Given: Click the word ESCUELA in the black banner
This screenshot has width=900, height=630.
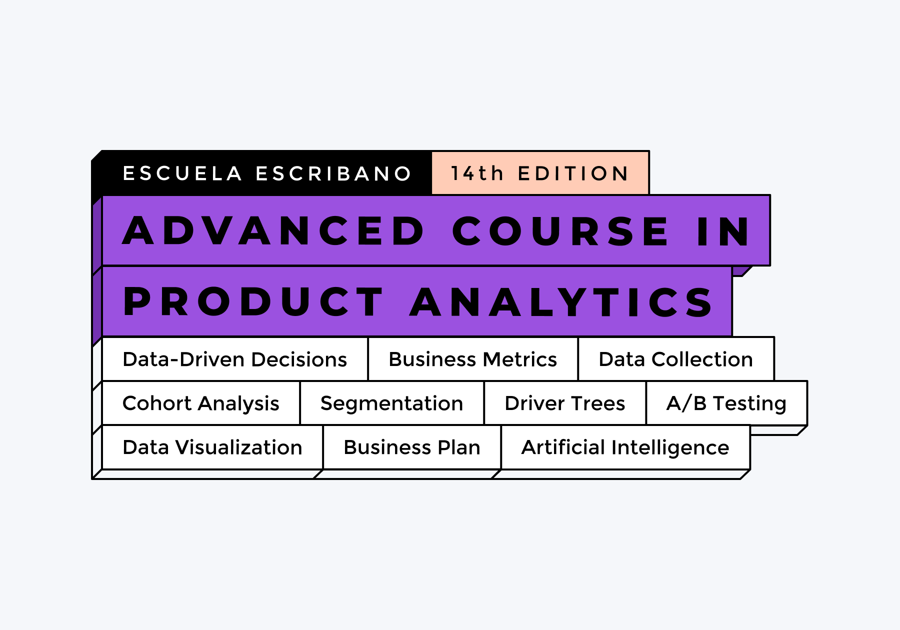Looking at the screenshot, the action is click(182, 173).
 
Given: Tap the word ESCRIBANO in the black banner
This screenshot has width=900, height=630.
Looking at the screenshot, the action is click(333, 173).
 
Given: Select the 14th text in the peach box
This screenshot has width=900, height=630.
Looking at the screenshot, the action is click(477, 173).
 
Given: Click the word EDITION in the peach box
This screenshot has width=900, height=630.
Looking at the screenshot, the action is click(573, 173).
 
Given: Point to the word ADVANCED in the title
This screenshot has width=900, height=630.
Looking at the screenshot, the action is click(273, 231).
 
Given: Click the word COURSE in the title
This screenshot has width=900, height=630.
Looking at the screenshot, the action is click(560, 231).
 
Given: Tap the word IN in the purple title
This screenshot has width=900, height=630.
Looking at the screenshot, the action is click(723, 231).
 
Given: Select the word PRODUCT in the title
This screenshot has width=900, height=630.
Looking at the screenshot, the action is click(253, 302).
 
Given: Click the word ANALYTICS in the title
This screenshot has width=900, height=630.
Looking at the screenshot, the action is click(561, 302).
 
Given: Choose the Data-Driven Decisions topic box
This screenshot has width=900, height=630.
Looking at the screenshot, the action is click(235, 359).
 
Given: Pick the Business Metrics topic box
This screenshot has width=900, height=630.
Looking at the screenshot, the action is click(473, 359).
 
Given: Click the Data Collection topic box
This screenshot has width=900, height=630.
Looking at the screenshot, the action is click(676, 359).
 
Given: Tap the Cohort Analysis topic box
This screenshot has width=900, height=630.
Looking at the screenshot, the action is click(201, 403).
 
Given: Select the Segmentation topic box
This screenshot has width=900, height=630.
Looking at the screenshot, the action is click(392, 403).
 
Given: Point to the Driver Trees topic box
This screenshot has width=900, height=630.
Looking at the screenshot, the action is click(565, 403).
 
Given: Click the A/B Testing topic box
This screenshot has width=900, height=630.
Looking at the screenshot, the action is click(726, 403).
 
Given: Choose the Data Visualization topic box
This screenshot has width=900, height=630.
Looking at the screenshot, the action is click(212, 447).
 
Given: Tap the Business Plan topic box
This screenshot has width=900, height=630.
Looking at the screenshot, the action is click(412, 447).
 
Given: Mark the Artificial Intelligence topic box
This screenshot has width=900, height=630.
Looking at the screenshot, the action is click(625, 447).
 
